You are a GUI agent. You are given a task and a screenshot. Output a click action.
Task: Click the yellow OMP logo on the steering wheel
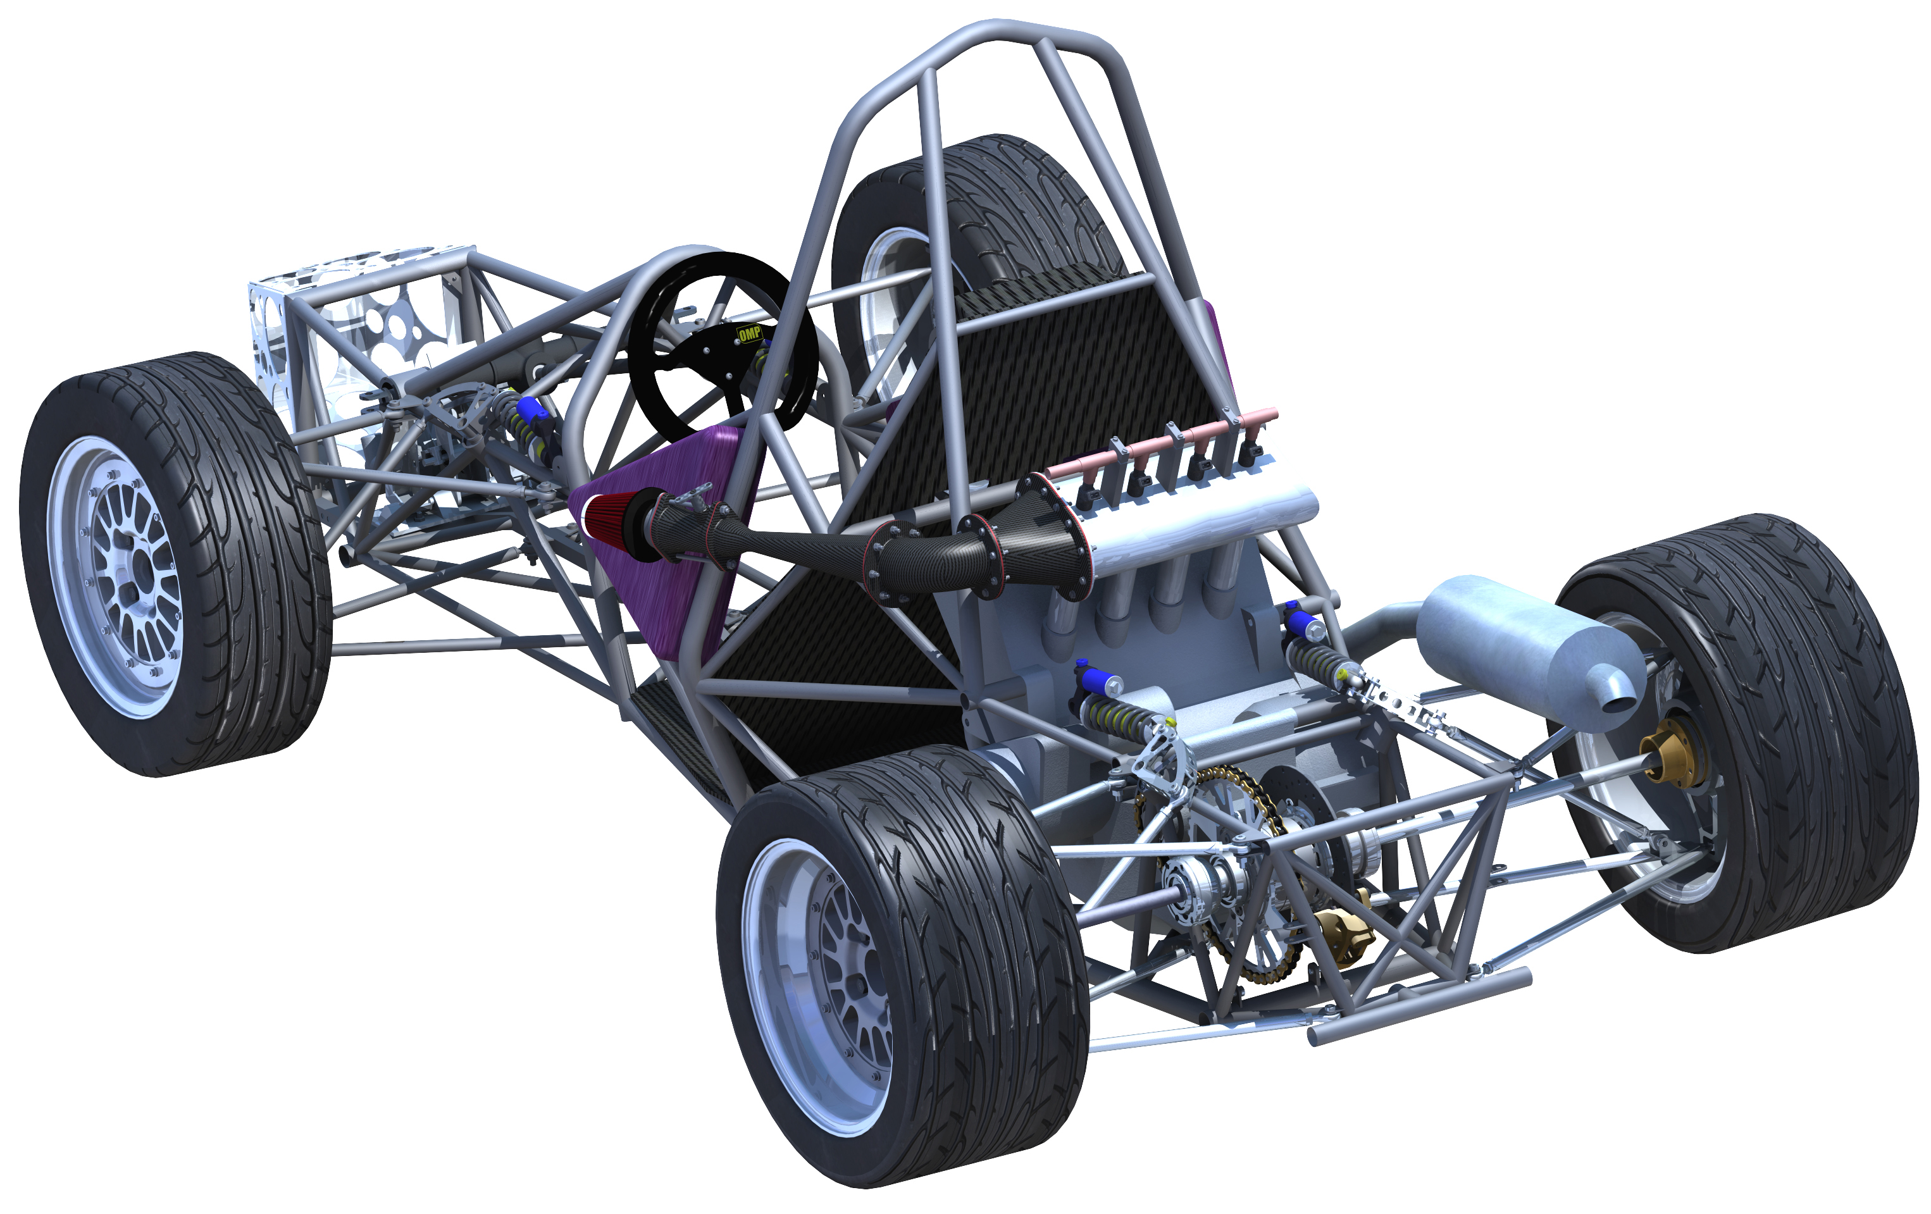point(749,333)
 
